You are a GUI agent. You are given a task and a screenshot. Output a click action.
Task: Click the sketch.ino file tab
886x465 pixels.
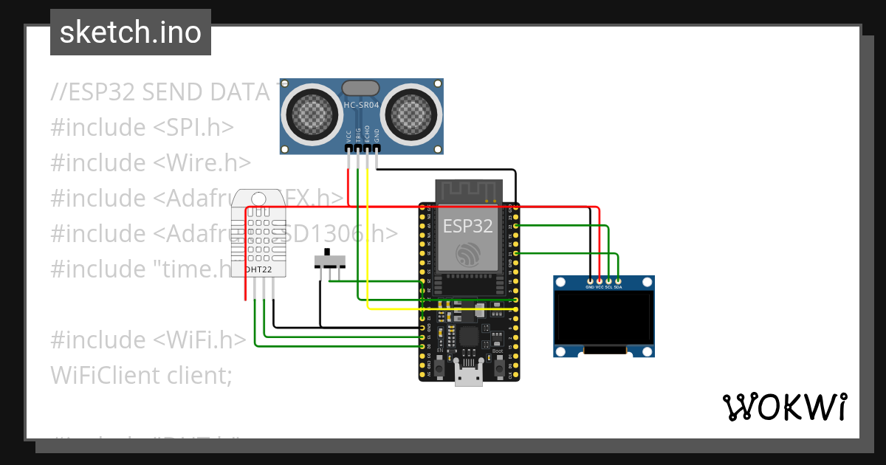[x=131, y=32]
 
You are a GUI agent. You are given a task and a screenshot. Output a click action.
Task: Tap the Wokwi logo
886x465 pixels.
[x=783, y=407]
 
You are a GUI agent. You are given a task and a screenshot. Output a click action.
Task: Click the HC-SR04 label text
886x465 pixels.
[x=362, y=106]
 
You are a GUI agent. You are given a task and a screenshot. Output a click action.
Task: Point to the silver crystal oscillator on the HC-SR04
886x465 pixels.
[x=362, y=88]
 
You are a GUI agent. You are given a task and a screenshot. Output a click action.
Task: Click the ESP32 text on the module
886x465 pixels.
[x=467, y=226]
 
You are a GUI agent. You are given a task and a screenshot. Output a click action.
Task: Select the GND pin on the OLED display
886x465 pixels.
[x=589, y=281]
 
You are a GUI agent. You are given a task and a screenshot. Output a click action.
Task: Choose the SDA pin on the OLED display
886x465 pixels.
[x=618, y=281]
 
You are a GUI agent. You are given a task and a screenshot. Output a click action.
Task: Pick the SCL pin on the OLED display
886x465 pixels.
[x=608, y=281]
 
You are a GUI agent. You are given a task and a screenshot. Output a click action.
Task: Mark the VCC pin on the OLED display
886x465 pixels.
[x=599, y=281]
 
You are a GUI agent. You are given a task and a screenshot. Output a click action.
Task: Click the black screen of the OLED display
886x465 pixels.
[x=604, y=317]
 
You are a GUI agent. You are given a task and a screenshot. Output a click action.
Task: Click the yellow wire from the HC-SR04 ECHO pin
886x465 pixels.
[x=368, y=236]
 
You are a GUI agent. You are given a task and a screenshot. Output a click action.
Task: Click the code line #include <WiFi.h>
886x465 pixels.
[x=148, y=340]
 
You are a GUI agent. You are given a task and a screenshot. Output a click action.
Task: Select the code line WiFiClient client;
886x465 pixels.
[x=141, y=375]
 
